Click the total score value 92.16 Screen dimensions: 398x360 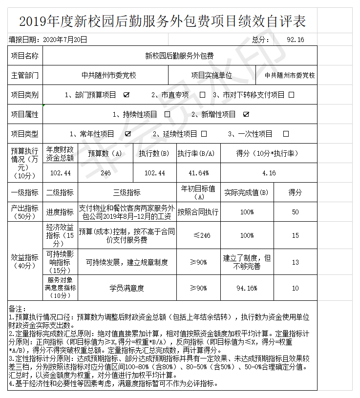tap(296, 40)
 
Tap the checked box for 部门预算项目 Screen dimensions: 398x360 tap(127, 95)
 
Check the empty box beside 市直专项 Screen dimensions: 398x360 tap(202, 95)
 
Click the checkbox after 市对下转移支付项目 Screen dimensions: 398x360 tap(291, 95)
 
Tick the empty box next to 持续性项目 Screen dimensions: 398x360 tap(167, 114)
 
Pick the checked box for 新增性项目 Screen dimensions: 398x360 tap(246, 114)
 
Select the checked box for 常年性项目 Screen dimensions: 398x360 tap(128, 133)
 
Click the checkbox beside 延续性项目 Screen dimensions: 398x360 tap(204, 133)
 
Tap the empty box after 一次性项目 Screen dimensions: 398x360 tap(286, 133)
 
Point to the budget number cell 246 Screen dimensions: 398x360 tap(105, 173)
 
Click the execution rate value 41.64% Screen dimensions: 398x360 tap(198, 173)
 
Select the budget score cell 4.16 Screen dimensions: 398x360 tap(269, 173)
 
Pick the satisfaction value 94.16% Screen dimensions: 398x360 tap(247, 288)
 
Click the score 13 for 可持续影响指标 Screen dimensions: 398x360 tap(295, 263)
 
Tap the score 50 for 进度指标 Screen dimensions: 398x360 tap(295, 212)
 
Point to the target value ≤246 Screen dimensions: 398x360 tap(198, 235)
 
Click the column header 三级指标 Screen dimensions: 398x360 tap(127, 192)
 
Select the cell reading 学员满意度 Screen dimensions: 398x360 tap(127, 288)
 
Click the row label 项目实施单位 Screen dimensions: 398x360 tap(212, 75)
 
